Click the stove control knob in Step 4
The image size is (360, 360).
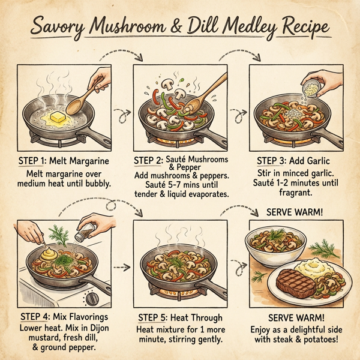[x=92, y=298]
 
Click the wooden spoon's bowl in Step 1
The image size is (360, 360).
[x=77, y=109]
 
